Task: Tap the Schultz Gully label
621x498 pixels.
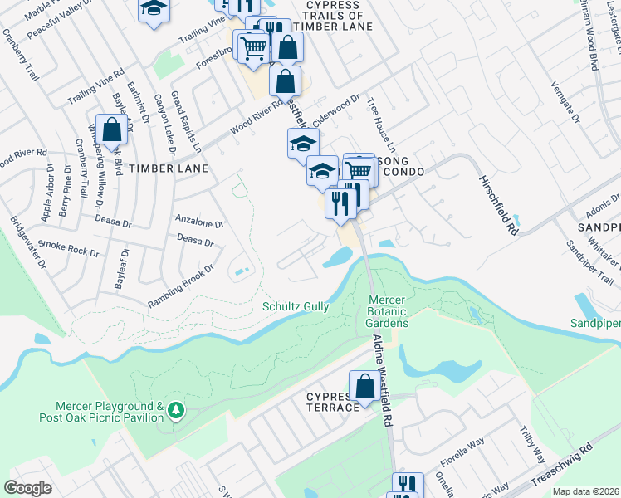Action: point(296,306)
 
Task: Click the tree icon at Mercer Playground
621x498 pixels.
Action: point(175,410)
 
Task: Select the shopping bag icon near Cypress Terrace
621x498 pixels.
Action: point(364,385)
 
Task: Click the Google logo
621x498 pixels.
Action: point(27,488)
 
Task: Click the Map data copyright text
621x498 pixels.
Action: point(584,491)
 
